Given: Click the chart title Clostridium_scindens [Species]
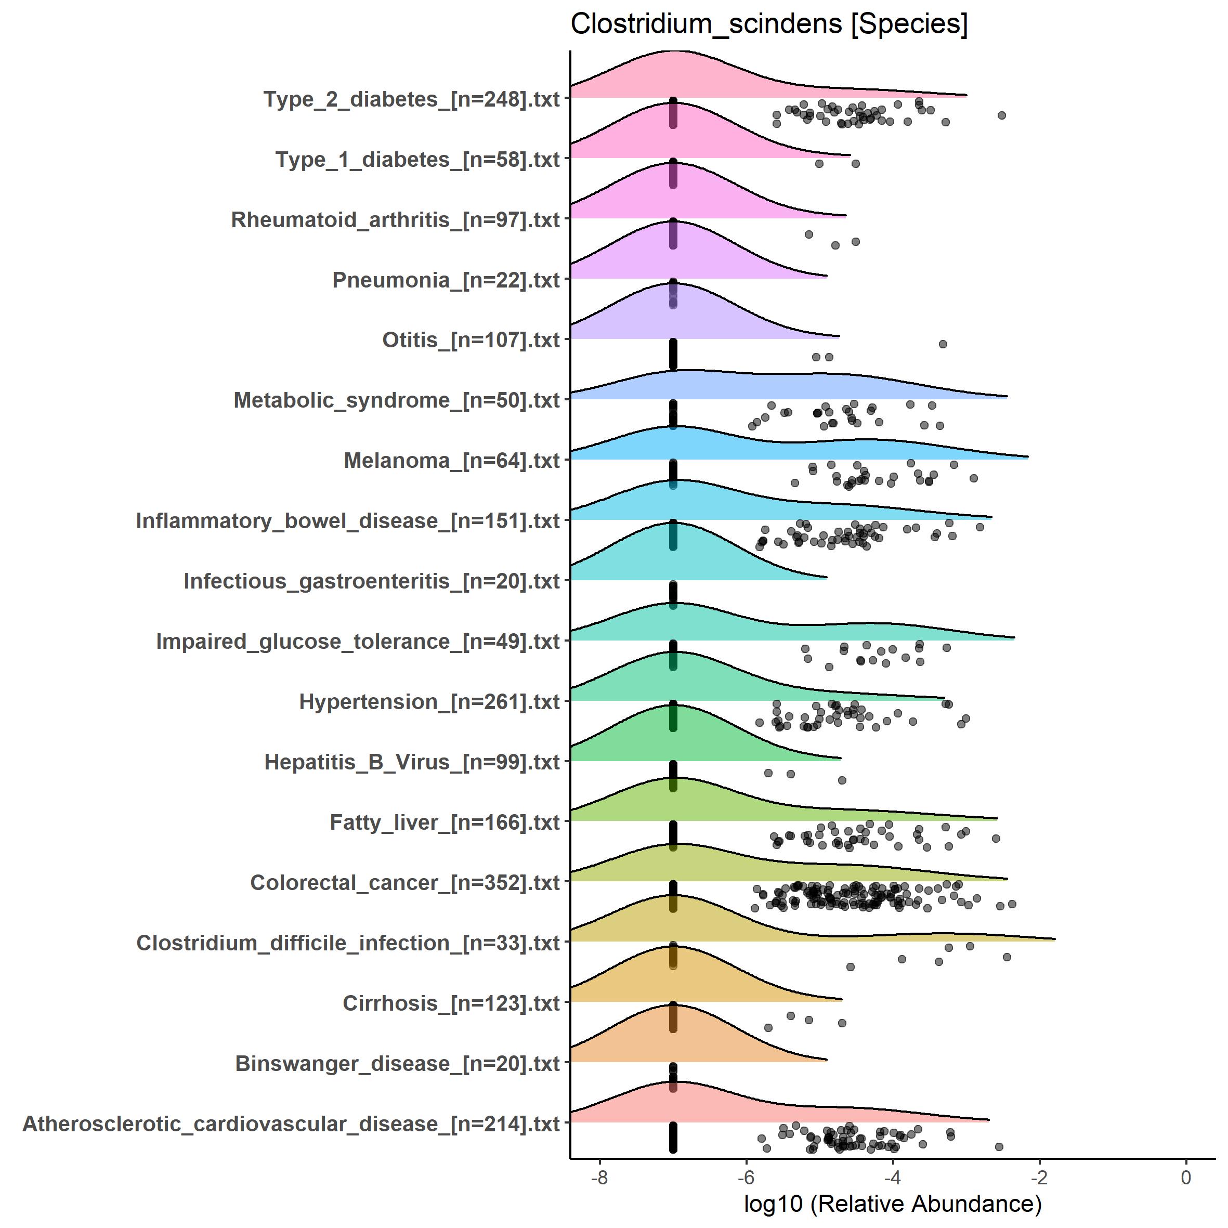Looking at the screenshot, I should [769, 24].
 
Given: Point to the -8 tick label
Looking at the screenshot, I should [599, 1177].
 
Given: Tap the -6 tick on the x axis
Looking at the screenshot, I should [746, 1177].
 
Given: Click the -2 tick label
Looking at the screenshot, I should [1039, 1177].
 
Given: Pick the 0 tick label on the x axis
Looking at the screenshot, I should [1186, 1177].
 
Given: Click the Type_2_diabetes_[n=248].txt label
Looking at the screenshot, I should [411, 99].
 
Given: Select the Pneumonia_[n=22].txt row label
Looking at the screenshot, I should [446, 280].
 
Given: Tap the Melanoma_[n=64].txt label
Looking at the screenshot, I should [451, 461].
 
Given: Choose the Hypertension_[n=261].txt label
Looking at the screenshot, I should [429, 702].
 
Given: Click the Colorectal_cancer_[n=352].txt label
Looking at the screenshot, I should [404, 883].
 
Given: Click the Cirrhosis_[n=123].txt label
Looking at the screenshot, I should [451, 1003].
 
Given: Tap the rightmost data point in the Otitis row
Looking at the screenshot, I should [943, 344].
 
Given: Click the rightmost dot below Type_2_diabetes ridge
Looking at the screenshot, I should [1002, 115].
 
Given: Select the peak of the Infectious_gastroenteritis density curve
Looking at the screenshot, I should [672, 522].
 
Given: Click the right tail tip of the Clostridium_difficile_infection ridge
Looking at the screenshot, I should [1054, 939].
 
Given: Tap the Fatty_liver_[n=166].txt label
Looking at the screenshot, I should [445, 822].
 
